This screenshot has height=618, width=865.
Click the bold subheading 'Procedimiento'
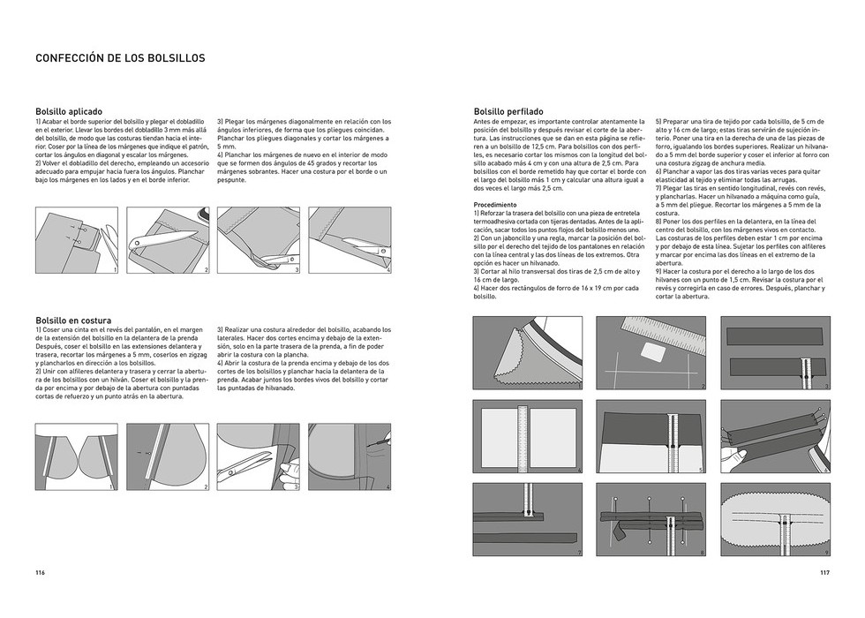coord(495,204)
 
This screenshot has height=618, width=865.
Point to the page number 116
coord(41,572)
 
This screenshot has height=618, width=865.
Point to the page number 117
coord(824,572)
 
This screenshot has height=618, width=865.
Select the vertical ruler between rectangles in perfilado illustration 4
coord(527,440)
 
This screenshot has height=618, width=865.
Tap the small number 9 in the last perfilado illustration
coord(826,552)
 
